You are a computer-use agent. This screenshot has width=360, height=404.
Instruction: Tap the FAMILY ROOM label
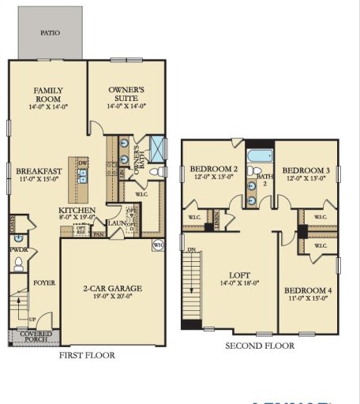coord(48,95)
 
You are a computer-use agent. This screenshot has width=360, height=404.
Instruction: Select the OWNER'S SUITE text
coord(127,95)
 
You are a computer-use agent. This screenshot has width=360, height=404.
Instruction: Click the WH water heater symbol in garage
coord(157,245)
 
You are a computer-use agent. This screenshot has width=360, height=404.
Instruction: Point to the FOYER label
coord(43,282)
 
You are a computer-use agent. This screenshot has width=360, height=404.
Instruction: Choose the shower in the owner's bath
coord(158,148)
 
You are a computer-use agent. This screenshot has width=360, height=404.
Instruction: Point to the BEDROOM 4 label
coord(308,294)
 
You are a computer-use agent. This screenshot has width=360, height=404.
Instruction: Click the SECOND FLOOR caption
coord(260,346)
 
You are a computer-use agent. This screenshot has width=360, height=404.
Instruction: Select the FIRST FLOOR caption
coord(87,355)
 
